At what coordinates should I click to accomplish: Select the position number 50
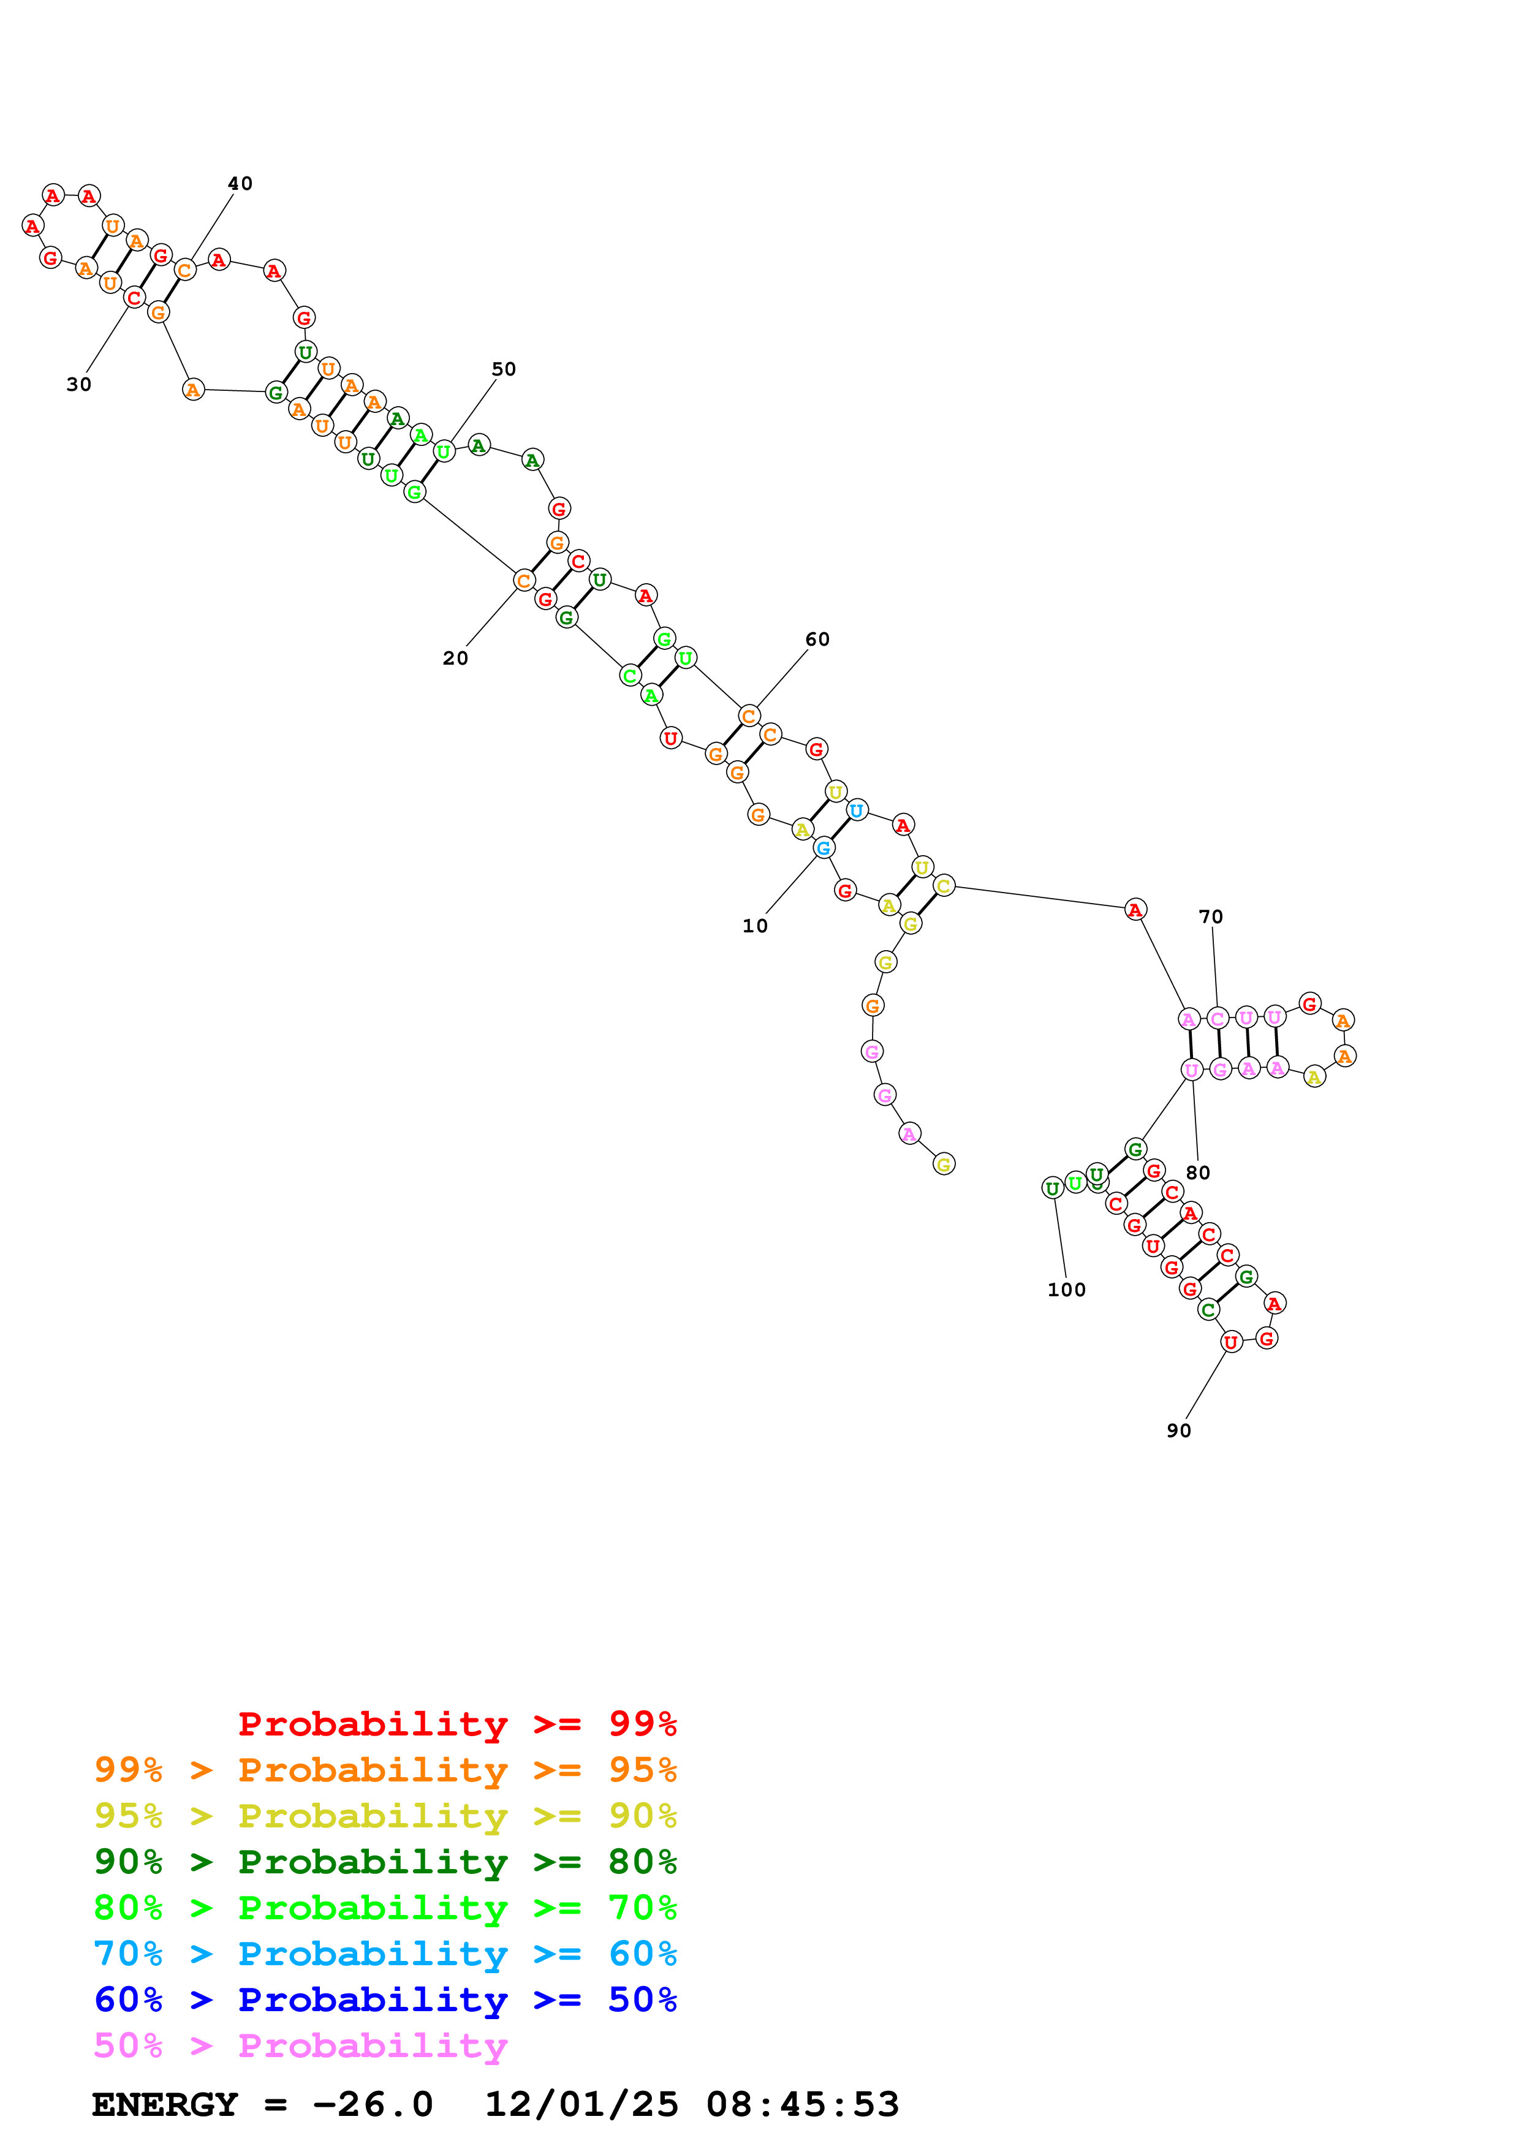click(504, 369)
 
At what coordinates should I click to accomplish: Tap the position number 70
click(1210, 916)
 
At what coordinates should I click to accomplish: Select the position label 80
click(1197, 1173)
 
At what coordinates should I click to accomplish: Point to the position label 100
click(1066, 1290)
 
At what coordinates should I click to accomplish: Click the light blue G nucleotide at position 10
click(823, 848)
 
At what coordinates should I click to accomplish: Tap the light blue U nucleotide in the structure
click(857, 810)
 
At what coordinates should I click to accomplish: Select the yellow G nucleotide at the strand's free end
click(944, 1165)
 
